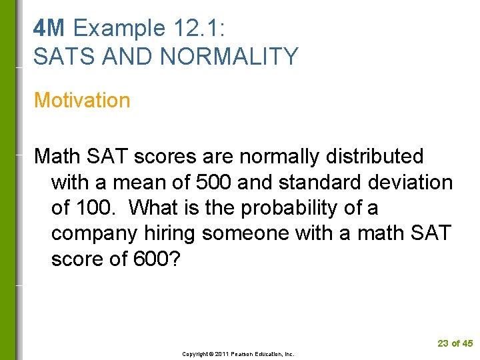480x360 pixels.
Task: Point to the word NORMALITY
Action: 229,57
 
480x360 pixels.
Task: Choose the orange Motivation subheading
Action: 82,101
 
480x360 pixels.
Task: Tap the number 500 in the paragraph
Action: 213,183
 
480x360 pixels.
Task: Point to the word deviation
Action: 411,183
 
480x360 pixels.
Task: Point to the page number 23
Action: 443,343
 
